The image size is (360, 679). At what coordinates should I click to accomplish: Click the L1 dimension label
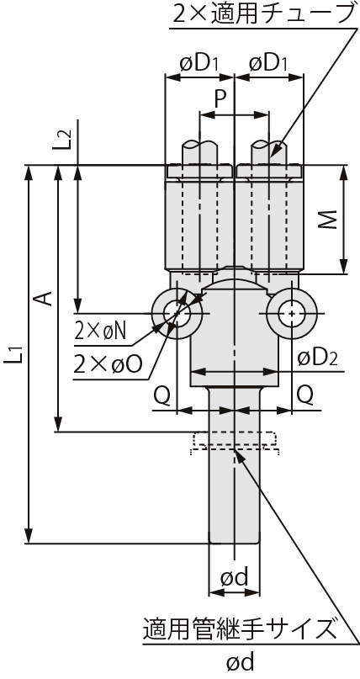[x=14, y=353]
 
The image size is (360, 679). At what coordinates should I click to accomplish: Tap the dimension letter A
[x=43, y=299]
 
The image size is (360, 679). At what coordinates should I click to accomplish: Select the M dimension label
[x=331, y=220]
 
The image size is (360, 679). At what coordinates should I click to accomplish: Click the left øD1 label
[x=199, y=64]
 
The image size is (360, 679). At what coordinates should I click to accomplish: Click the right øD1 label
[x=267, y=64]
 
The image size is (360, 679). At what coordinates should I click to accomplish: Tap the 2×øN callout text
[x=100, y=332]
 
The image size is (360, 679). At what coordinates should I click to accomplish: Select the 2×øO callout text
[x=108, y=364]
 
